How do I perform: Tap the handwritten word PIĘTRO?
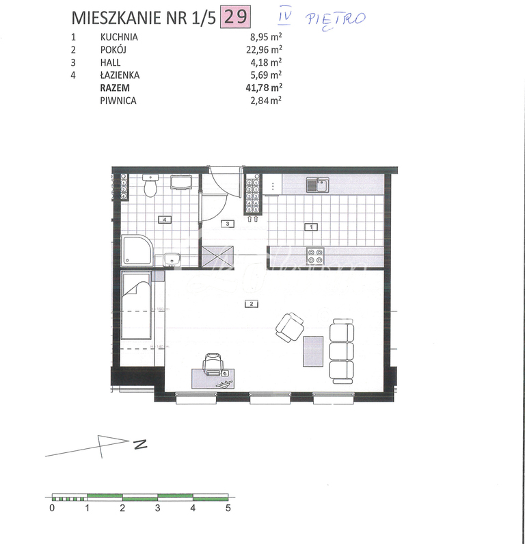(338, 18)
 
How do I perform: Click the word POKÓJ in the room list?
(113, 50)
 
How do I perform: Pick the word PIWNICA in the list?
(118, 100)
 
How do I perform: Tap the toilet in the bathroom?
(152, 185)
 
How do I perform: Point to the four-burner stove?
(315, 256)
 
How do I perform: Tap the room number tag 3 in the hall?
(228, 223)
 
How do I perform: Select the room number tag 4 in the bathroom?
(163, 220)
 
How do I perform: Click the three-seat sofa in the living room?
(342, 351)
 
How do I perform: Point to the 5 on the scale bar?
(228, 508)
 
